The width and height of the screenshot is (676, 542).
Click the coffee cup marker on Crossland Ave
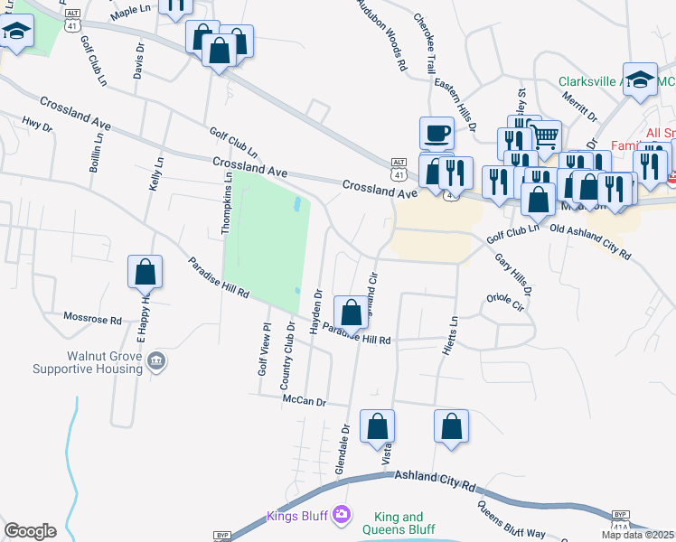click(x=437, y=133)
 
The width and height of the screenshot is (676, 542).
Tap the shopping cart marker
click(x=545, y=136)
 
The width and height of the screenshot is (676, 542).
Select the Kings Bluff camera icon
click(x=341, y=515)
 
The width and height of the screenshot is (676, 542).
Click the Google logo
click(x=30, y=531)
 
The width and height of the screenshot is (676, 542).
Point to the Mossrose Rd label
click(x=92, y=319)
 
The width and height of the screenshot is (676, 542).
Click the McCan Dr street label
click(x=303, y=400)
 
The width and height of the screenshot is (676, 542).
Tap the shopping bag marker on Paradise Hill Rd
click(x=352, y=313)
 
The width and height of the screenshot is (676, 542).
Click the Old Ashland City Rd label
click(x=589, y=242)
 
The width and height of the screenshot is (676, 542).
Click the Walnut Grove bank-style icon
click(x=157, y=362)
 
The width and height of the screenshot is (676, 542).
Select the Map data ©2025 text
click(x=638, y=535)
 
